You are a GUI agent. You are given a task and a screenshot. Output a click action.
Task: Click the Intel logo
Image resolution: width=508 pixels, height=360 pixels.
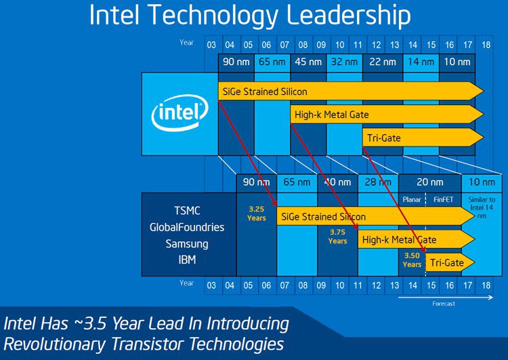tap(179, 113)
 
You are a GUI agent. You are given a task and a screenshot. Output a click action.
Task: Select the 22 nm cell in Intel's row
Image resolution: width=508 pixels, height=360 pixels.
tap(381, 62)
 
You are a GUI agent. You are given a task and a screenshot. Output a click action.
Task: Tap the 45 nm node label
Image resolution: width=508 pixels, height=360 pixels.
tap(308, 62)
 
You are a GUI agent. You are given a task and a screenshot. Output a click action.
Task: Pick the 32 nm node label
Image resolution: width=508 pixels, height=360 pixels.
tap(345, 62)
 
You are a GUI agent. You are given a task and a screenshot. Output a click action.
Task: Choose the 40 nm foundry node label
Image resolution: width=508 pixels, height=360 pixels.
tap(337, 182)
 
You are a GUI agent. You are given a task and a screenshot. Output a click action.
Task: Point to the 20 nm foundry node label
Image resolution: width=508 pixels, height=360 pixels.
tap(429, 182)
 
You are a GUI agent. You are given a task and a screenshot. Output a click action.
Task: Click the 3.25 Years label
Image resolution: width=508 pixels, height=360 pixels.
tap(256, 214)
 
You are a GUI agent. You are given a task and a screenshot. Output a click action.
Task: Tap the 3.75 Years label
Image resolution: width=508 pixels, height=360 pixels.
tap(337, 236)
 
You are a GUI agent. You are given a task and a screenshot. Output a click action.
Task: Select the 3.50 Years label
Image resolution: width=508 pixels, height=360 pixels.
tap(412, 260)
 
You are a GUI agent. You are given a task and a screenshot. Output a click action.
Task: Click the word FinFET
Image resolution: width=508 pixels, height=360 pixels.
tap(444, 200)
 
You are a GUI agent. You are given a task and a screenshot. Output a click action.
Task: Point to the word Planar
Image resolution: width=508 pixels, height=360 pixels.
tap(412, 200)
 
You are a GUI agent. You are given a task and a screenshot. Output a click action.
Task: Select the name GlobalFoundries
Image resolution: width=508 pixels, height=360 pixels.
tap(186, 227)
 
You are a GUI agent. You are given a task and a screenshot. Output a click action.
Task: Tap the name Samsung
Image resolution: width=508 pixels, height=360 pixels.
tap(186, 243)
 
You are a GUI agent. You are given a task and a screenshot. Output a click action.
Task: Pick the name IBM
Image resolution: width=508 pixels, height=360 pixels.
tap(186, 260)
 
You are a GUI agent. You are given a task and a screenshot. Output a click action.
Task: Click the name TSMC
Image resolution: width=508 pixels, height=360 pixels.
tap(186, 211)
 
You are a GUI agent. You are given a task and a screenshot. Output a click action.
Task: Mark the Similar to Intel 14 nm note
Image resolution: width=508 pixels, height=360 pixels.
tap(482, 208)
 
